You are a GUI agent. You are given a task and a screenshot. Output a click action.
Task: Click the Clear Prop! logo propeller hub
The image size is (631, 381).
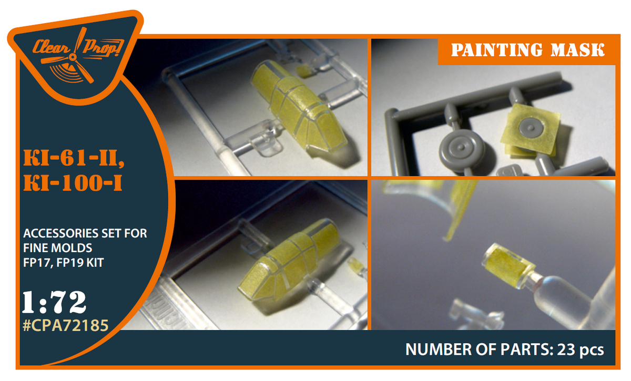click(x=73, y=57)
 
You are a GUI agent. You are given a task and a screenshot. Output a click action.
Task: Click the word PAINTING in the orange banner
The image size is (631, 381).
click(x=496, y=50)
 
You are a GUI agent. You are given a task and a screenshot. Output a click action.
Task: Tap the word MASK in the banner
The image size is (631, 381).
click(x=577, y=50)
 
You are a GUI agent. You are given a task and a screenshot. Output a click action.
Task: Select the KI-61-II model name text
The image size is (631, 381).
click(x=74, y=158)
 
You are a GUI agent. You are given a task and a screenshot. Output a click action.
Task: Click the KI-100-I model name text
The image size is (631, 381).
click(x=73, y=183)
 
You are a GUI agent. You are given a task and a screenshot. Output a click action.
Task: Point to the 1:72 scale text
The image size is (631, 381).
click(x=54, y=302)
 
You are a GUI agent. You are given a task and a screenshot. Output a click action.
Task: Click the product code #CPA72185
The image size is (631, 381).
click(x=66, y=325)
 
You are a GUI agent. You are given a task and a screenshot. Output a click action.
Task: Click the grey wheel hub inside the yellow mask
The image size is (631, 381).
click(x=531, y=128)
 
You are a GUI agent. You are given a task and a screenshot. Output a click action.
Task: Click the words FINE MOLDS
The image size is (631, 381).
click(x=57, y=248)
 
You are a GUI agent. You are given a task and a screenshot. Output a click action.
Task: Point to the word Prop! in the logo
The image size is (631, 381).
click(x=103, y=48)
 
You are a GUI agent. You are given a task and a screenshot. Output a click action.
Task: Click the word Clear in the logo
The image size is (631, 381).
click(x=52, y=47)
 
